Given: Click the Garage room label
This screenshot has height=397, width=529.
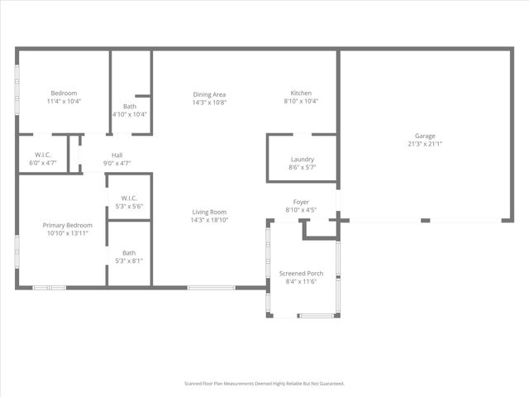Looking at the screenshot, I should click(425, 136).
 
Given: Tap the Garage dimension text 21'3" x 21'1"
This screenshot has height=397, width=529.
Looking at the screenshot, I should click(425, 144).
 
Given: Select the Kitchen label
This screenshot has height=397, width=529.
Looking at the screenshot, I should click(301, 93).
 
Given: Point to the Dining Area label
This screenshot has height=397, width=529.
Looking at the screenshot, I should click(209, 93).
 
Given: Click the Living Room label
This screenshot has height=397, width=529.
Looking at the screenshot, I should click(209, 212).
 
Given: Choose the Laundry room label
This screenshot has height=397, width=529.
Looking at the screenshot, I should click(302, 160).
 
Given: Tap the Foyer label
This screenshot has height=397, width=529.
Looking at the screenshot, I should click(301, 201).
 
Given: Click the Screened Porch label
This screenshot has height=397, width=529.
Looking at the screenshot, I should click(301, 273).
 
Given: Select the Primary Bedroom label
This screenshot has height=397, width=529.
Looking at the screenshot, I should click(68, 225).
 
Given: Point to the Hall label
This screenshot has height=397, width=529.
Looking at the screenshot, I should click(118, 155).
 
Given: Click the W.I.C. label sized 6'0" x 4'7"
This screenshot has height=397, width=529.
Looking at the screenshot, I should click(44, 155).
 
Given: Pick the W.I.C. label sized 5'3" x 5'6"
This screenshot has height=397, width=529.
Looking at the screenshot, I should click(129, 198).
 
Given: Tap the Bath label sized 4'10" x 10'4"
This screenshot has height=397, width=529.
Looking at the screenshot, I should click(130, 106).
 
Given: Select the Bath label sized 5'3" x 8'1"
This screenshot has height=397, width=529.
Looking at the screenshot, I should click(129, 253).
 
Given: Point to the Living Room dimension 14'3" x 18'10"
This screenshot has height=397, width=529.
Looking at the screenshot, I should click(209, 220).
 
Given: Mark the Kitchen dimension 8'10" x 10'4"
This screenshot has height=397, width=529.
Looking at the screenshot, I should click(301, 101).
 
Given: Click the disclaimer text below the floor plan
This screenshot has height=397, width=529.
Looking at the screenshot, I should click(264, 384).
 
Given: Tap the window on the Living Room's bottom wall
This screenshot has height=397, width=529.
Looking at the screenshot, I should click(204, 287).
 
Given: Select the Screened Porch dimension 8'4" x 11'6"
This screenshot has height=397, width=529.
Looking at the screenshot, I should click(301, 281).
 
